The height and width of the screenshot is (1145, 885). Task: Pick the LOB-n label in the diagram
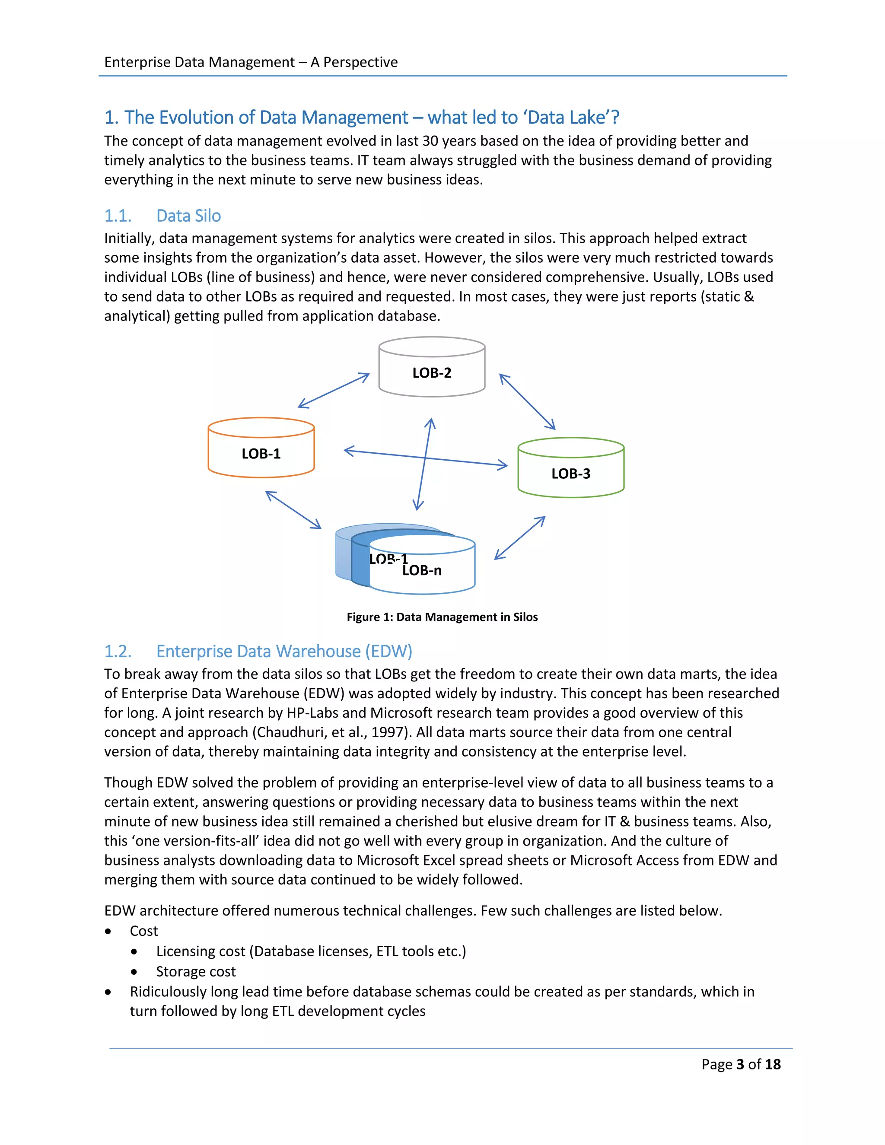(x=422, y=570)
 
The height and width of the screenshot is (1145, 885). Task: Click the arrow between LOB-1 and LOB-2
(x=334, y=391)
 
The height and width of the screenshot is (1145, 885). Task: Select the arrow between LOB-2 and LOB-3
(x=527, y=401)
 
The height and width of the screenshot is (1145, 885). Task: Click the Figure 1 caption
(x=442, y=617)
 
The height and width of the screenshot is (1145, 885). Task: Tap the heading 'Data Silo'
(x=188, y=216)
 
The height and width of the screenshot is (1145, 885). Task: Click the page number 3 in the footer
(x=740, y=1064)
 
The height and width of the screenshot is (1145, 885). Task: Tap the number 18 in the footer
(x=772, y=1064)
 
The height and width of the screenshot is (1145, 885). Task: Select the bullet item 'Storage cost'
(x=196, y=971)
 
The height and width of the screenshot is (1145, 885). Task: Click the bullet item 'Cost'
(x=143, y=931)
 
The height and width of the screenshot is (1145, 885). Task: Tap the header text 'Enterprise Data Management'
(x=199, y=62)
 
